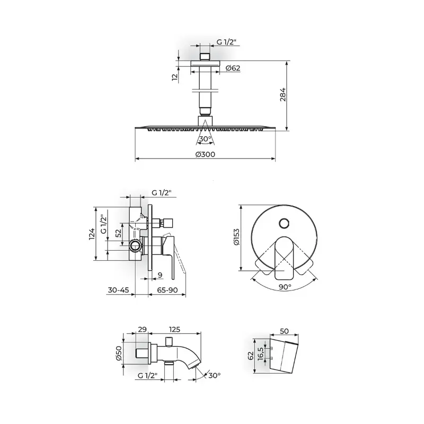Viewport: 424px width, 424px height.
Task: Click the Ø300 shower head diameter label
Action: (x=205, y=154)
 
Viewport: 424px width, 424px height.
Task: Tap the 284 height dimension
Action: (x=282, y=94)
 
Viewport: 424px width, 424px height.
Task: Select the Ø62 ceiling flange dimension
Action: (x=233, y=68)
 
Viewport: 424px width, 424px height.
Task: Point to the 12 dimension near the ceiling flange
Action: (x=175, y=76)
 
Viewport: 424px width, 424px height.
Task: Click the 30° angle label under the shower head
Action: (x=206, y=139)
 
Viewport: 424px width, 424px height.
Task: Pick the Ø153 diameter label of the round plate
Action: (x=236, y=237)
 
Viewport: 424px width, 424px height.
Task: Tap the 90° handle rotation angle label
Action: (x=285, y=287)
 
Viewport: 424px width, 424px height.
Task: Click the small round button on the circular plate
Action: (x=284, y=224)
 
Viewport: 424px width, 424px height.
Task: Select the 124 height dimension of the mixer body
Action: (x=92, y=234)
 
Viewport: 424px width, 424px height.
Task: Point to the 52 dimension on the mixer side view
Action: (x=118, y=233)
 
